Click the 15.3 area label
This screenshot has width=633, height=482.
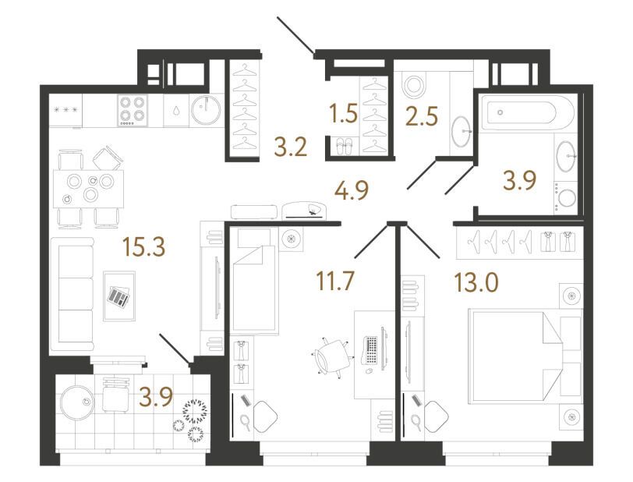point(144,246)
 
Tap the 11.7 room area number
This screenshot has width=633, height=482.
point(335,282)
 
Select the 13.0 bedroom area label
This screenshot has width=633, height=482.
point(476,282)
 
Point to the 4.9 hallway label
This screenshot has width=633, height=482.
point(352,190)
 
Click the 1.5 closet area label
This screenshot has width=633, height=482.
point(343,114)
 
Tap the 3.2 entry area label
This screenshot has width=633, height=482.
point(291,147)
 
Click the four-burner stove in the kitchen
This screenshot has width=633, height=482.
point(133,110)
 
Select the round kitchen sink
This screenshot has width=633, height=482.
point(206,109)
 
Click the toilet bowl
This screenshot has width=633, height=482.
point(413,86)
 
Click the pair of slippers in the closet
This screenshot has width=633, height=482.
point(345,146)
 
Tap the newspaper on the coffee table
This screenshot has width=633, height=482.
point(119,296)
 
